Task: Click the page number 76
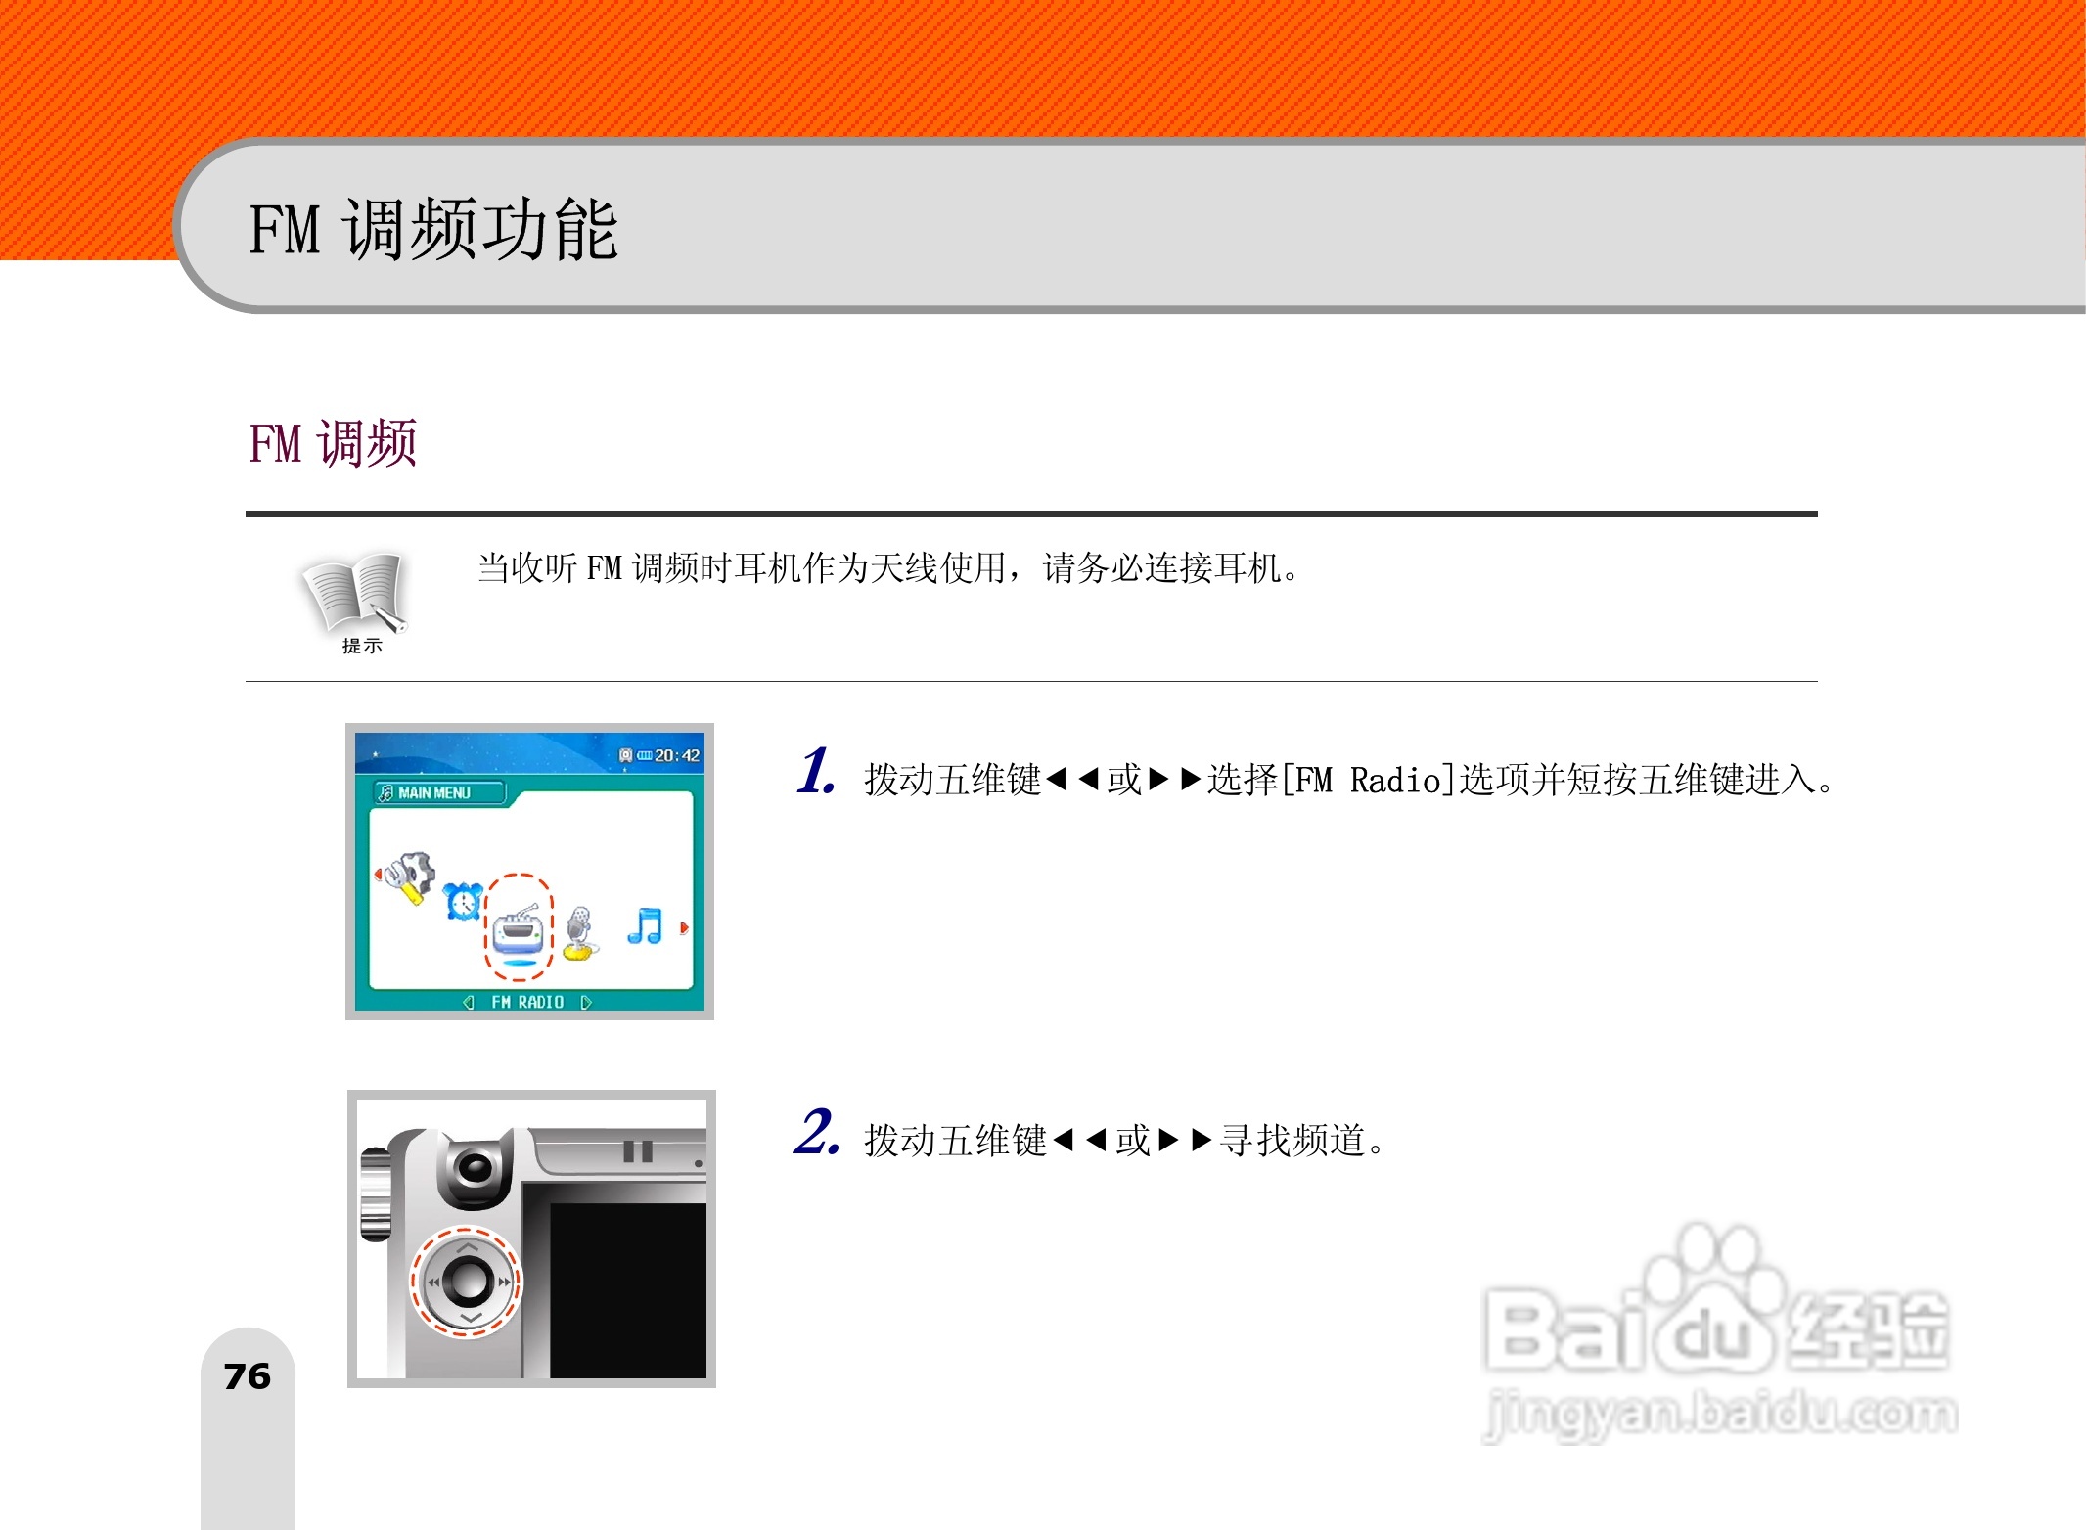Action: point(247,1376)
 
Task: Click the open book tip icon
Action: point(354,593)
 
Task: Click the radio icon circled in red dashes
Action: point(518,929)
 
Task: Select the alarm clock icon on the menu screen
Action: point(463,901)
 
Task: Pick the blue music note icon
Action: point(645,925)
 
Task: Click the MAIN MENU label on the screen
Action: point(434,793)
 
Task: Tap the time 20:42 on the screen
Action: point(676,755)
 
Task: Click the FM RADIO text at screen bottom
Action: point(527,1002)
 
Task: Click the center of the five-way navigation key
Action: point(467,1282)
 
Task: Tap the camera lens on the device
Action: point(475,1167)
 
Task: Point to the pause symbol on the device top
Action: point(638,1151)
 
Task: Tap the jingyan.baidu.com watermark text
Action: point(1720,1415)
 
